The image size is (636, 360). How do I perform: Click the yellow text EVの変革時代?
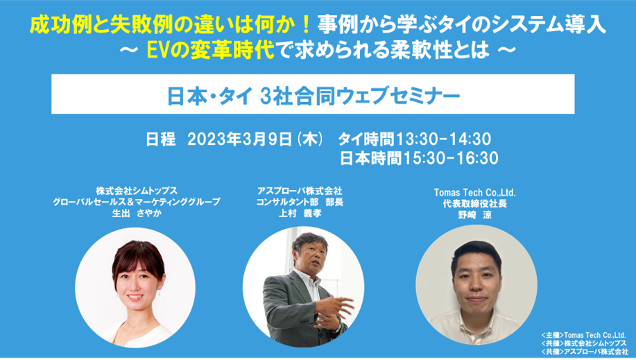click(x=211, y=51)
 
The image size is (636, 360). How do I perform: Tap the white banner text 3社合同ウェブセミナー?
click(x=360, y=96)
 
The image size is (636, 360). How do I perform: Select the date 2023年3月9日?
click(x=239, y=139)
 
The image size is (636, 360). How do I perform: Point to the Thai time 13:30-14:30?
click(x=443, y=139)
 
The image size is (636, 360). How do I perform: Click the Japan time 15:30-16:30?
click(x=450, y=158)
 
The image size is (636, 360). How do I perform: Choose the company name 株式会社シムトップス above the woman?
click(x=136, y=190)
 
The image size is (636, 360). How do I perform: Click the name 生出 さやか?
click(x=136, y=213)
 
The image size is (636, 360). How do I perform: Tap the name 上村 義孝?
click(x=300, y=213)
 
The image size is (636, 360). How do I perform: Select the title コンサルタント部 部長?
click(x=300, y=202)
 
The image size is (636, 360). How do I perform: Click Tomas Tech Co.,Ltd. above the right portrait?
click(x=474, y=192)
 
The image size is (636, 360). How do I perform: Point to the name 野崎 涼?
click(x=474, y=215)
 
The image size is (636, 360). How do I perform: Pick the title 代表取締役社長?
click(x=474, y=204)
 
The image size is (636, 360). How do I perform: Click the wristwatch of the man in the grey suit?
click(x=336, y=327)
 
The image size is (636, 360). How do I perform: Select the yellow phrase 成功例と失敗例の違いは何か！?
click(x=171, y=25)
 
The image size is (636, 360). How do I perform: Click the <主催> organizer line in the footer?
click(x=583, y=335)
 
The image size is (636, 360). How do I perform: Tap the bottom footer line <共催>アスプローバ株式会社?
click(x=585, y=352)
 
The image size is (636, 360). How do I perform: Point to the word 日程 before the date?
click(x=161, y=139)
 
